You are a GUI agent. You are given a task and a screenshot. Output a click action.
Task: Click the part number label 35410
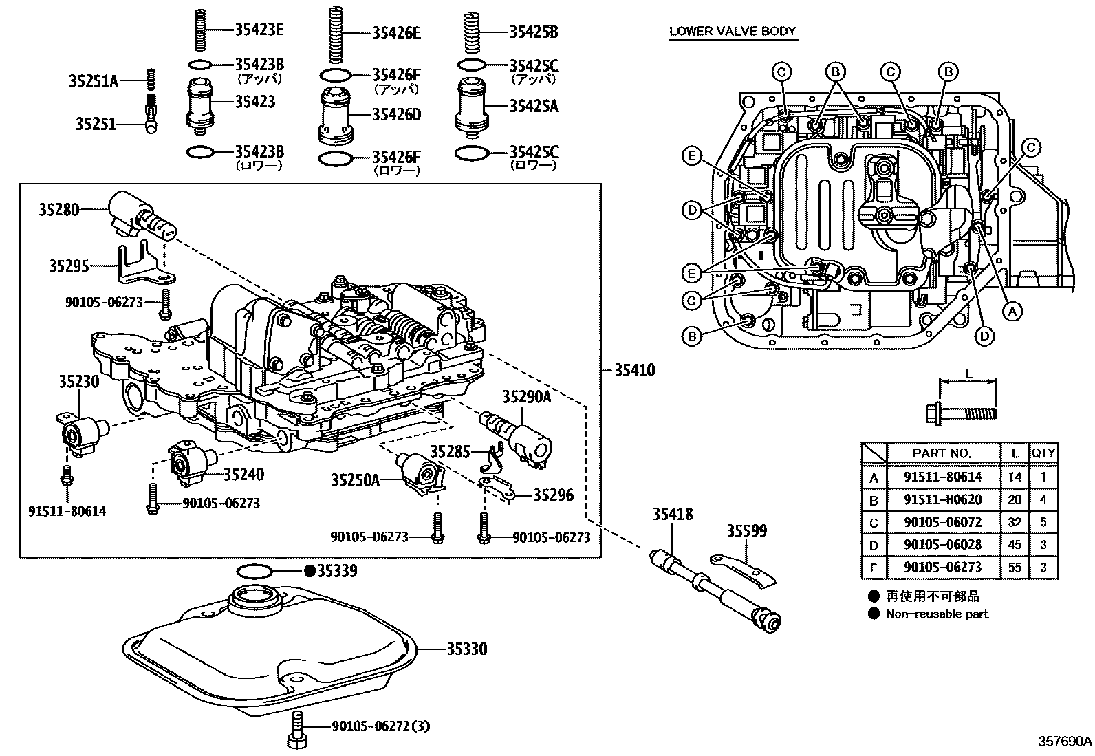pyautogui.click(x=633, y=371)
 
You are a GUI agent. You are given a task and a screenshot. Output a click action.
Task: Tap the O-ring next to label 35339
pyautogui.click(x=254, y=571)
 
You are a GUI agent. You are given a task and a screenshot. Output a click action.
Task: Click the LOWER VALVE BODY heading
pyautogui.click(x=733, y=31)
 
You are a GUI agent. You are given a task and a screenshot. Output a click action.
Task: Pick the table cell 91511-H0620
pyautogui.click(x=942, y=499)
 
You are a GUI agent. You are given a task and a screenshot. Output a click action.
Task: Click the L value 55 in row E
pyautogui.click(x=1015, y=568)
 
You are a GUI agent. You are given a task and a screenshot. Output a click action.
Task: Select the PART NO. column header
pyautogui.click(x=942, y=453)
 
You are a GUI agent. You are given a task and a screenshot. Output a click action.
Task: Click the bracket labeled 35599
pyautogui.click(x=743, y=569)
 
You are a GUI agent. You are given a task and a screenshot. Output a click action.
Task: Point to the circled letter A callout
pyautogui.click(x=1010, y=312)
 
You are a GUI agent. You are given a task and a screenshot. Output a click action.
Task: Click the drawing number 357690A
pyautogui.click(x=1064, y=742)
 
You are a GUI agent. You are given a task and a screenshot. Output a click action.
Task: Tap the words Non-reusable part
pyautogui.click(x=937, y=614)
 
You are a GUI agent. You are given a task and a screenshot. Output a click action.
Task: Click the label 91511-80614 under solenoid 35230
pyautogui.click(x=67, y=512)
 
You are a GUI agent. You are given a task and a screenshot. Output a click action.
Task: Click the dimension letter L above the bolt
pyautogui.click(x=967, y=374)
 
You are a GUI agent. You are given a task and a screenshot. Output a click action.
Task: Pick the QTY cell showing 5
pyautogui.click(x=1043, y=522)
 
